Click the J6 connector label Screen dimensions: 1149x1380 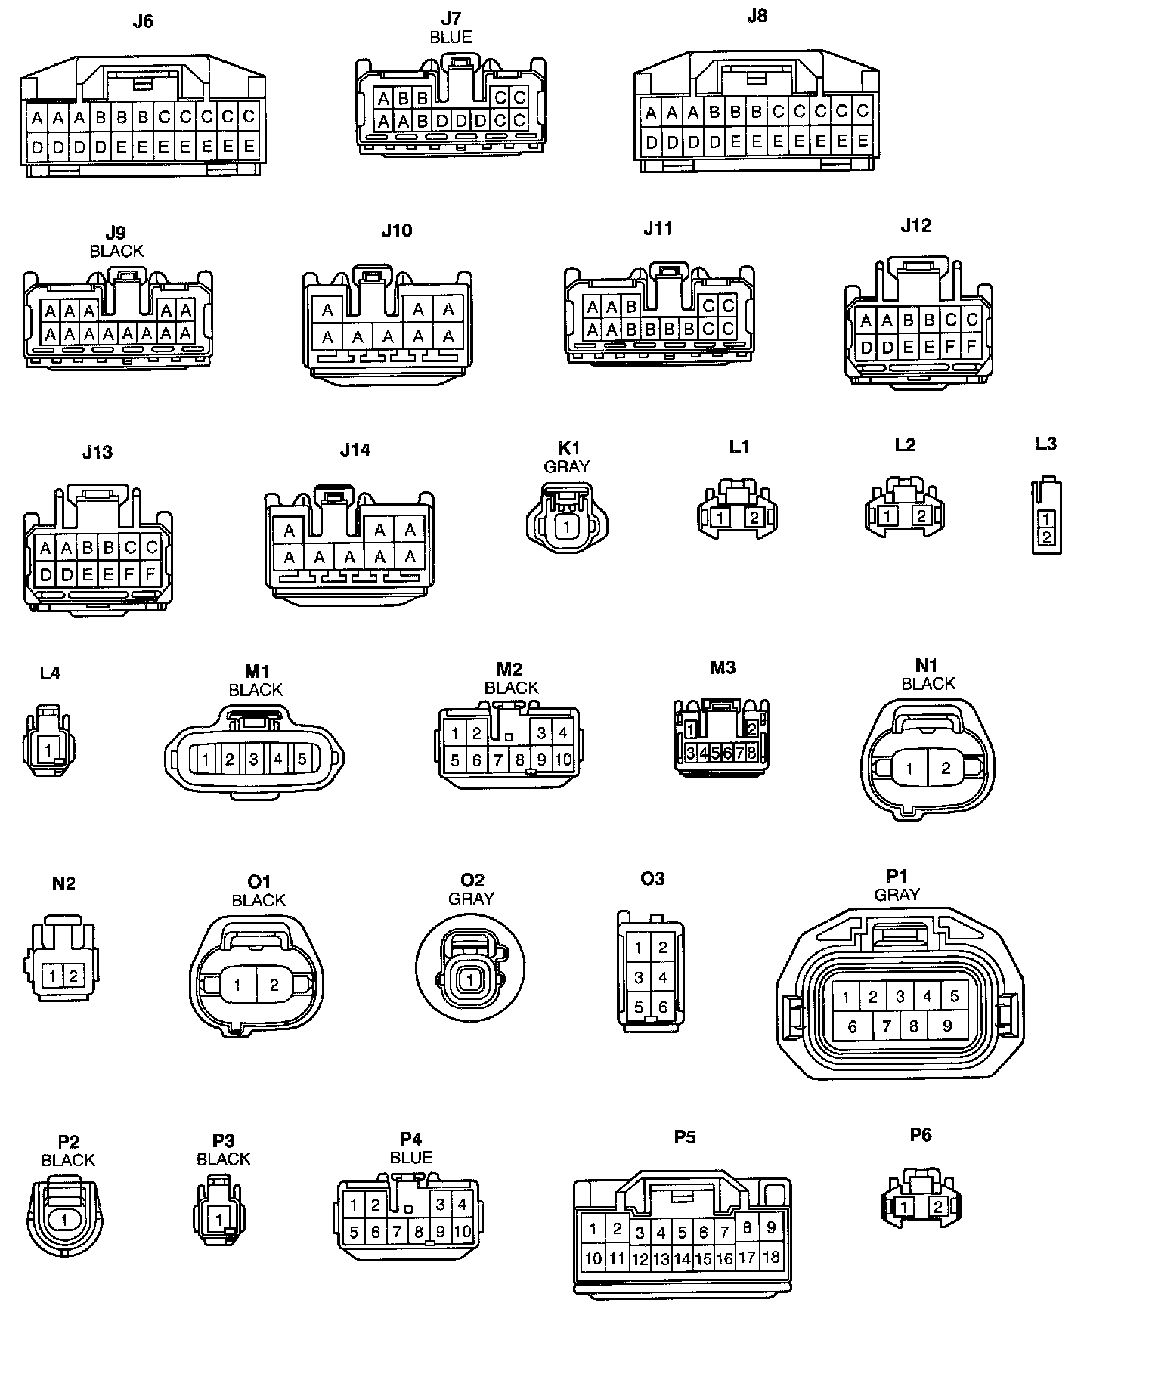[142, 21]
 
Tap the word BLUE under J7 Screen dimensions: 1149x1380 [451, 37]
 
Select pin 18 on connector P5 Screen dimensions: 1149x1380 [770, 1257]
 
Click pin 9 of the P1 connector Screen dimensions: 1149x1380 [947, 1026]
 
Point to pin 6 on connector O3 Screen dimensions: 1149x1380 [663, 1007]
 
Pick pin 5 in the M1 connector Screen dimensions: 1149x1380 [302, 759]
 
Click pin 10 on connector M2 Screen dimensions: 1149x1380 [563, 760]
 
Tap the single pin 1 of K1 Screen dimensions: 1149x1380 [566, 528]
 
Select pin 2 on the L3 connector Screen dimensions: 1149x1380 [1046, 537]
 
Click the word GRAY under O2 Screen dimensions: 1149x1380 [471, 899]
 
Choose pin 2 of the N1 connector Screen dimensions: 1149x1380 [946, 769]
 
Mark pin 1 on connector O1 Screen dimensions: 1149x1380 [237, 985]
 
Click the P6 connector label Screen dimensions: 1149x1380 [921, 1134]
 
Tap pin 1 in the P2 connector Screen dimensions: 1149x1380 [65, 1219]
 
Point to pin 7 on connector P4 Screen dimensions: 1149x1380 [397, 1232]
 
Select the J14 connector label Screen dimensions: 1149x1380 [355, 450]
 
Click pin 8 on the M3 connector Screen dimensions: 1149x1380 [751, 753]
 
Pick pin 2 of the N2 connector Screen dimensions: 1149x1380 [73, 976]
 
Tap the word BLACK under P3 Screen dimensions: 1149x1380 [223, 1159]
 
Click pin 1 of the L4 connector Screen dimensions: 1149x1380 [48, 750]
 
